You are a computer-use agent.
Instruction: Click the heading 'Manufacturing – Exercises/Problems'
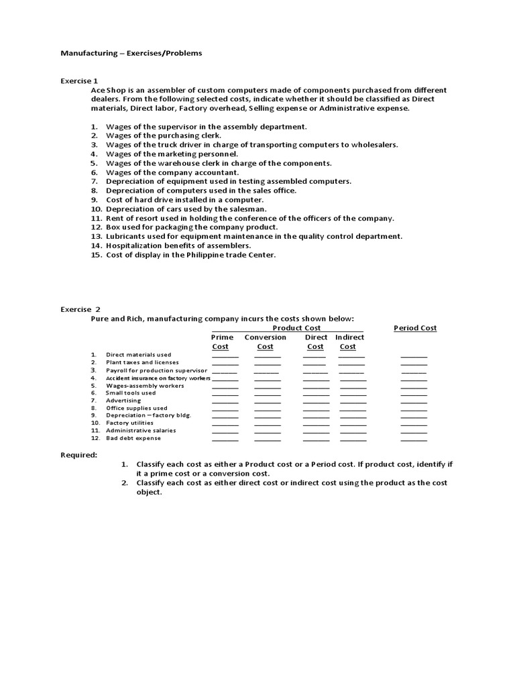click(x=131, y=53)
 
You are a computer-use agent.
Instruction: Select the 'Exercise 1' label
click(x=80, y=81)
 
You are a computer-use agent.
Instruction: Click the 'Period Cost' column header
click(x=414, y=328)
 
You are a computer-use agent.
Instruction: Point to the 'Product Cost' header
click(x=296, y=328)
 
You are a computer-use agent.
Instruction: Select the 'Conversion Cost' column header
click(x=265, y=342)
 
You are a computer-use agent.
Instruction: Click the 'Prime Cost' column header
click(x=221, y=342)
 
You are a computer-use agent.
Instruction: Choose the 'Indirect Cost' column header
click(x=349, y=342)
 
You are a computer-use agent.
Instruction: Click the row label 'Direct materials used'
click(x=138, y=355)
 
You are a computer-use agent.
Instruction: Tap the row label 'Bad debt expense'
click(x=133, y=438)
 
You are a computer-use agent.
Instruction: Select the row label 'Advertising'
click(x=123, y=401)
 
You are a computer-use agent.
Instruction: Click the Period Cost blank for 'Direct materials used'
click(x=414, y=356)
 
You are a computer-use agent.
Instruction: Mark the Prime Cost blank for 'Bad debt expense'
click(x=225, y=440)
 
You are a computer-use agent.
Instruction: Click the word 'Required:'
click(x=79, y=454)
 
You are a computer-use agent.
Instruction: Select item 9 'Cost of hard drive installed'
click(x=185, y=200)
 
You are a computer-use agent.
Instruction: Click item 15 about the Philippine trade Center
click(x=191, y=255)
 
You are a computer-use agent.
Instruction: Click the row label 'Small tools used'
click(x=130, y=393)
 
